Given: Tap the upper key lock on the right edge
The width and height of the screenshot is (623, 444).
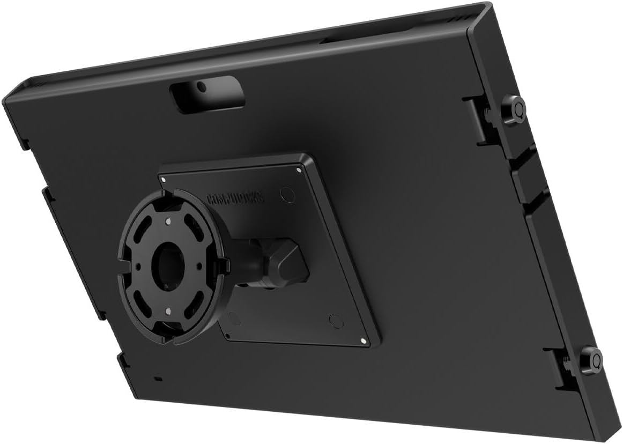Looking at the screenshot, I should coord(517,109).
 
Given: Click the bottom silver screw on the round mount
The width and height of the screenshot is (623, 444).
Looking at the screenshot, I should coord(168,310).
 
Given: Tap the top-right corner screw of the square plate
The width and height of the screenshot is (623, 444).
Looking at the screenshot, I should coord(299,171).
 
